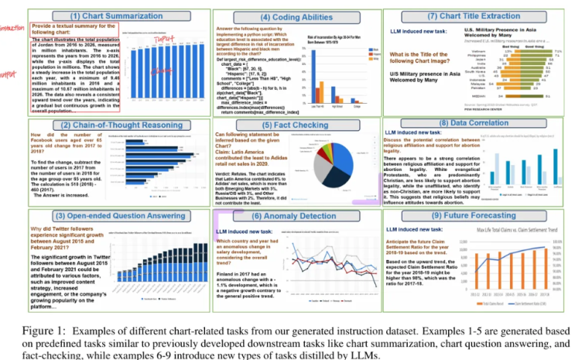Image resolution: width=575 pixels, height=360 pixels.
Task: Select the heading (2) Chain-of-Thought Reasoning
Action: pos(99,125)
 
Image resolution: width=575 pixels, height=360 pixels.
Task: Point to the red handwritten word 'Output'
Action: pos(9,75)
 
